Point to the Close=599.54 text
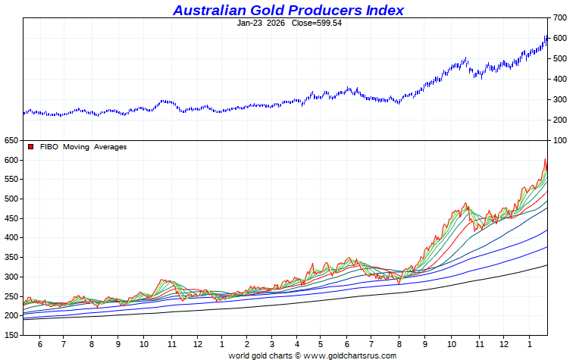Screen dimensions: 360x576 tap(317, 23)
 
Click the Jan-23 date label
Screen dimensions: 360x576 tap(249, 23)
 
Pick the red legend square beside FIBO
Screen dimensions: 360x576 tap(30, 146)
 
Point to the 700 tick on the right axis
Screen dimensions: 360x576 tap(560, 17)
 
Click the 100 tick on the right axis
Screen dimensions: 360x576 tap(560, 140)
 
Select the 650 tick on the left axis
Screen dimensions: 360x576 tap(11, 141)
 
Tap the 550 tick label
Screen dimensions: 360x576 tap(11, 180)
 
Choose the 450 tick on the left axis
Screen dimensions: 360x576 tap(11, 218)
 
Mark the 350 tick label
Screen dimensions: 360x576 tap(11, 257)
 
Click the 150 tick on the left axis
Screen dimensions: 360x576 tap(11, 334)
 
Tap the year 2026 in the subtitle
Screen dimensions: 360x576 tap(276, 23)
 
